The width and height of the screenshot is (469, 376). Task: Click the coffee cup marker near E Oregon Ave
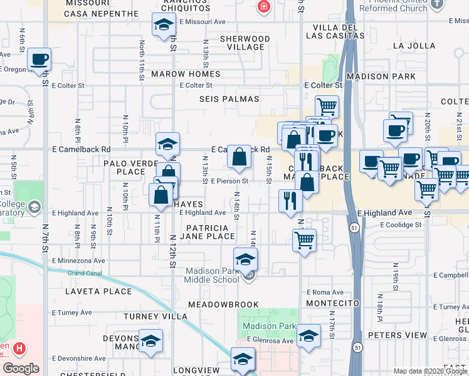(x=39, y=60)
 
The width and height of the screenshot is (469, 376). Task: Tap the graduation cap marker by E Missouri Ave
(x=164, y=25)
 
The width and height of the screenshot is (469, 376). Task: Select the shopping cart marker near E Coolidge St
(x=304, y=239)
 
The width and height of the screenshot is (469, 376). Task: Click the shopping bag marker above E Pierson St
(x=240, y=157)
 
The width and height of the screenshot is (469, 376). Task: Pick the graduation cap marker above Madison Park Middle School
(x=245, y=259)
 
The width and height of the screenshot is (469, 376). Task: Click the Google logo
(x=21, y=368)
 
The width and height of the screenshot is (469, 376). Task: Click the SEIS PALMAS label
(x=229, y=99)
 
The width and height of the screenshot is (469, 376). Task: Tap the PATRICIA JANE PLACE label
(x=208, y=232)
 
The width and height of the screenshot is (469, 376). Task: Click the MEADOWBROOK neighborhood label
(x=224, y=304)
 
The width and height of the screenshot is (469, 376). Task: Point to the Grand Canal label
(x=85, y=273)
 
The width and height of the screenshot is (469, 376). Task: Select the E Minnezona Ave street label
(x=80, y=260)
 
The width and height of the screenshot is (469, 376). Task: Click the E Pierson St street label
(x=230, y=181)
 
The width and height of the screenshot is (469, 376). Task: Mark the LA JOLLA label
(x=414, y=46)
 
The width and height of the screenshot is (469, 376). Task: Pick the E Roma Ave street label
(x=325, y=292)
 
